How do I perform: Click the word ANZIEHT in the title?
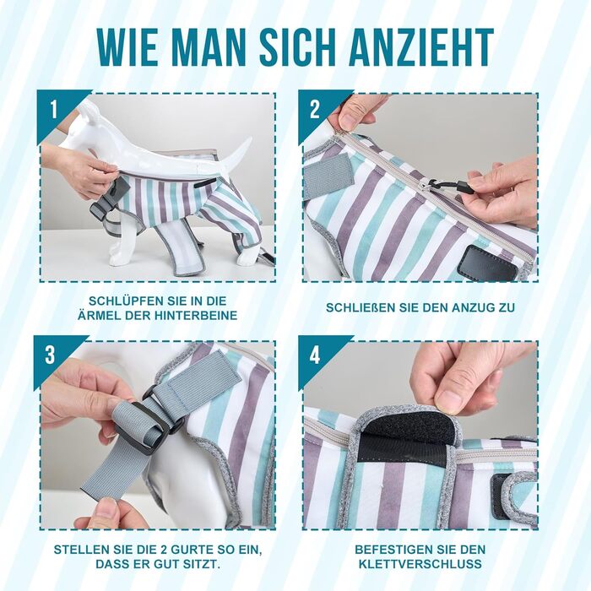[421, 46]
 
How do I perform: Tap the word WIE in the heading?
[127, 46]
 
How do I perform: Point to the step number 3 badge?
[50, 355]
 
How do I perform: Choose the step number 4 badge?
[315, 355]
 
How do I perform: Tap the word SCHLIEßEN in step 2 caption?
[361, 307]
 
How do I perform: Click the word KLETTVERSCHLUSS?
[420, 564]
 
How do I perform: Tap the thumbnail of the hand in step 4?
[450, 400]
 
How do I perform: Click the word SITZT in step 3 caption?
[203, 564]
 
